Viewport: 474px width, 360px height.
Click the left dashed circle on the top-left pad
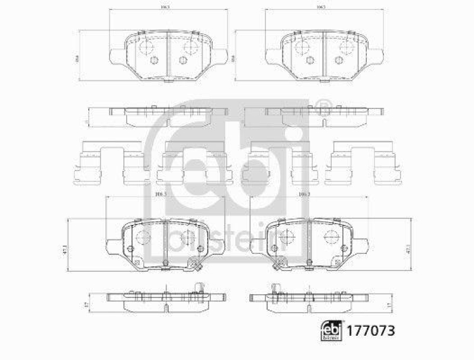tap(146, 47)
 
